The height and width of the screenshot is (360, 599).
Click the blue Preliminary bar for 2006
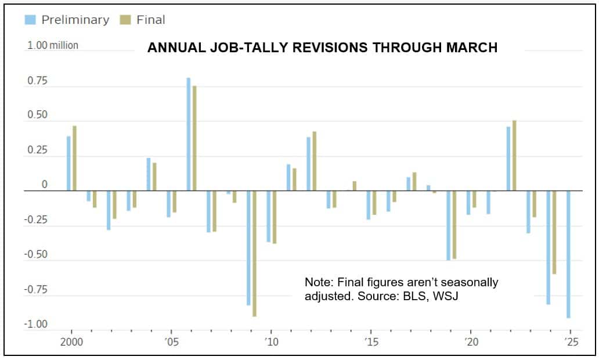tap(189, 134)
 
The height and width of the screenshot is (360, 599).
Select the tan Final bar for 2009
tap(254, 253)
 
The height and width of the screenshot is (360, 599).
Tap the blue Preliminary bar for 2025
tap(568, 254)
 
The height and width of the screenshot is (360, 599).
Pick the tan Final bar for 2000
tap(74, 158)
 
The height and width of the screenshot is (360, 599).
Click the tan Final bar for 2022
tap(514, 155)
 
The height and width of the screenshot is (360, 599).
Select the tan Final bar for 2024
tap(554, 232)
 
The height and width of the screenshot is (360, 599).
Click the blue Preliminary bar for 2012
tap(309, 164)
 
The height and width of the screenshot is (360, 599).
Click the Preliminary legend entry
tap(67, 20)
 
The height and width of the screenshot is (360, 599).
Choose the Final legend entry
tap(143, 20)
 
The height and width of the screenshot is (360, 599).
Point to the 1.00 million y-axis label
tap(53, 45)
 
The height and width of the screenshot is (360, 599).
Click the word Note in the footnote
tap(317, 282)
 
